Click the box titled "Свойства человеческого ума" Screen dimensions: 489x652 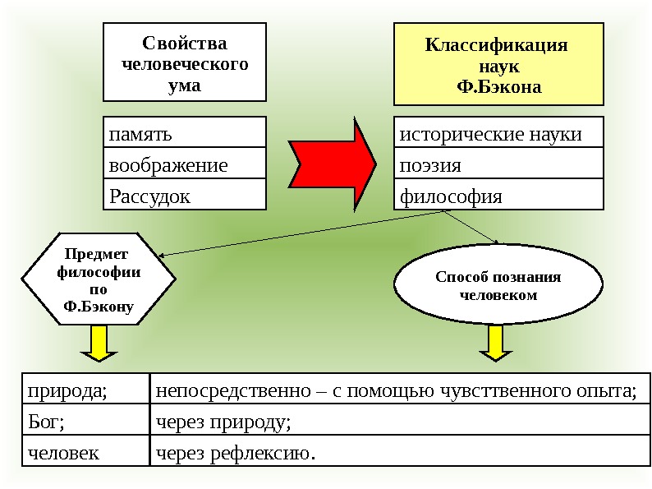pyautogui.click(x=184, y=62)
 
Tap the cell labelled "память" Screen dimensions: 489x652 pyautogui.click(x=185, y=132)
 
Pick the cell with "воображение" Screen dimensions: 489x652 pyautogui.click(x=185, y=164)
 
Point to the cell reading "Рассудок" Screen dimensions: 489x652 pyautogui.click(x=185, y=196)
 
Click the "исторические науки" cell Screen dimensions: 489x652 pyautogui.click(x=498, y=133)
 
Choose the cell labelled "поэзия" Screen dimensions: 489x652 pyautogui.click(x=498, y=164)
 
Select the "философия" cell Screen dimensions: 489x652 pyautogui.click(x=498, y=196)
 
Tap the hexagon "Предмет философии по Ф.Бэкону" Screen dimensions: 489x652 pyautogui.click(x=98, y=279)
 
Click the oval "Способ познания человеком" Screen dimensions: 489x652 pyautogui.click(x=498, y=284)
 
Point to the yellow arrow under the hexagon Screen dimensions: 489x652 pyautogui.click(x=99, y=344)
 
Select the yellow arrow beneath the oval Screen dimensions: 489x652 pyautogui.click(x=495, y=344)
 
